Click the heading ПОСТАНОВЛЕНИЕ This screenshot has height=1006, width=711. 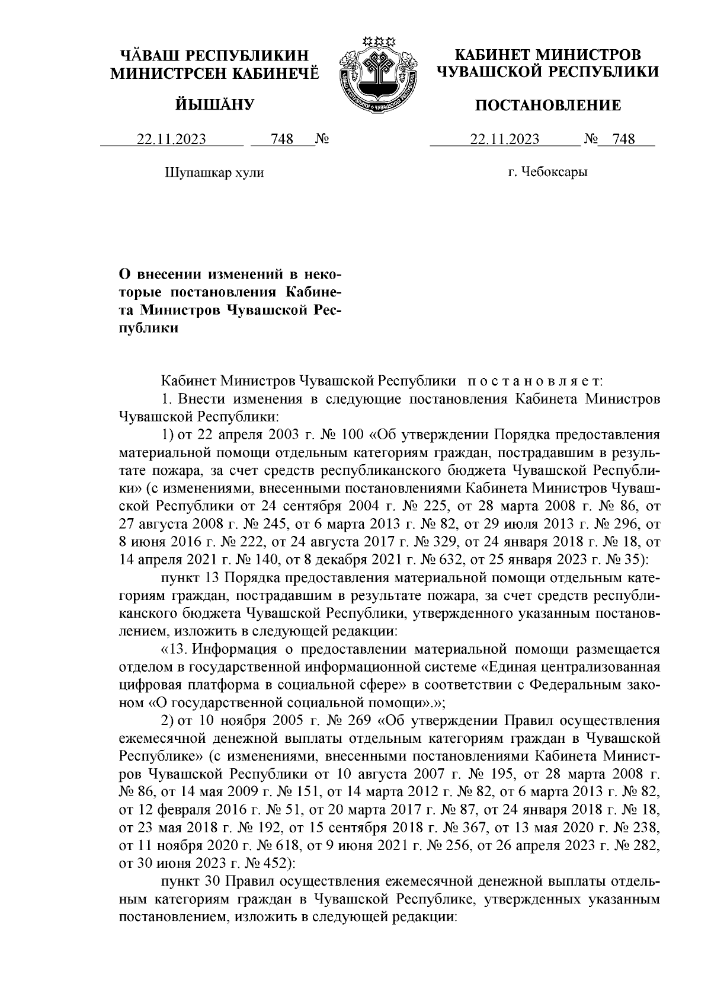[549, 106]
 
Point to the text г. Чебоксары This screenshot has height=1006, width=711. [548, 173]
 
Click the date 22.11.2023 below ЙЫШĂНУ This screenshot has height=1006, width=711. [171, 139]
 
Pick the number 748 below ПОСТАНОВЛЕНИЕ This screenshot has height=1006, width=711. [624, 139]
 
